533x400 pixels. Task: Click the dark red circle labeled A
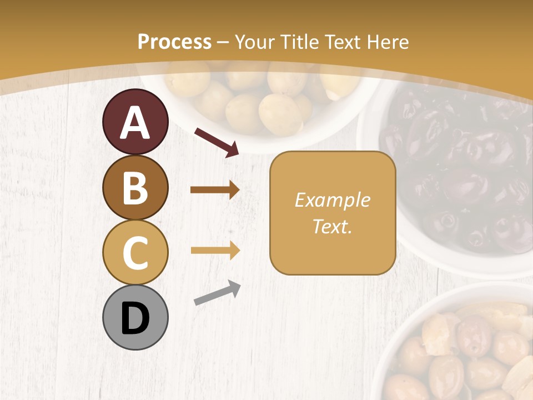pos(135,122)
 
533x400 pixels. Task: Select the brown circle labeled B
pos(135,187)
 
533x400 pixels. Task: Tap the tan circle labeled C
pos(135,252)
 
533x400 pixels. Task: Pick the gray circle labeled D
pos(135,317)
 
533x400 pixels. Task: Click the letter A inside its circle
pos(135,123)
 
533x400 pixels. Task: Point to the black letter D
pos(135,318)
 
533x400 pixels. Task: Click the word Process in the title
pos(174,42)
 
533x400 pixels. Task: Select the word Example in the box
pos(332,200)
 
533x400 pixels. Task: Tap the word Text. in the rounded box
pos(332,227)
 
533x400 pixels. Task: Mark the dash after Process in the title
pos(223,42)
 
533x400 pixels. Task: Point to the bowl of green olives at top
pos(261,100)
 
